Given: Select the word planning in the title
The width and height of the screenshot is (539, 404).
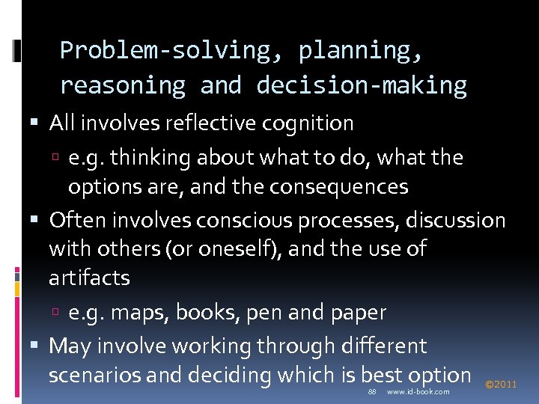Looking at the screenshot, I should coord(361,51).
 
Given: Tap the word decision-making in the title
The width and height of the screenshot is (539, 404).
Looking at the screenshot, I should coord(362,85).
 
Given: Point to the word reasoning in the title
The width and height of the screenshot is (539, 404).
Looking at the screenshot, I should coord(122,85).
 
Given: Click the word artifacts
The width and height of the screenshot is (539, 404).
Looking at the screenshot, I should coord(89,278).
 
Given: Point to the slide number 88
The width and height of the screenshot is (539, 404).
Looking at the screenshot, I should coord(372,392).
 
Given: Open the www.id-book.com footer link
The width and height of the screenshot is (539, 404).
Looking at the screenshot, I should coord(418,392).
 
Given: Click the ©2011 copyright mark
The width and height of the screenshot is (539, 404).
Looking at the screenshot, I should coord(501,385).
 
